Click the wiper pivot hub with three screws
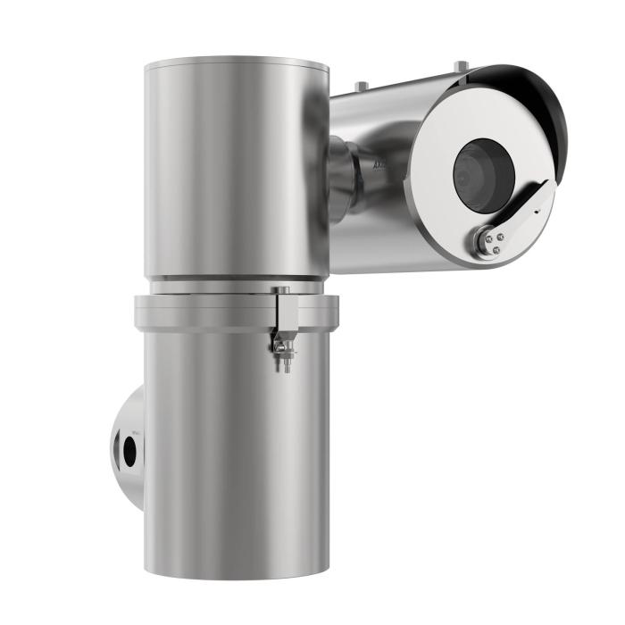point(489,240)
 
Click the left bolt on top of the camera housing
point(361,86)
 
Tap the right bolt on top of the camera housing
point(460,64)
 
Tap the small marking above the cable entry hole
point(135,431)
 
